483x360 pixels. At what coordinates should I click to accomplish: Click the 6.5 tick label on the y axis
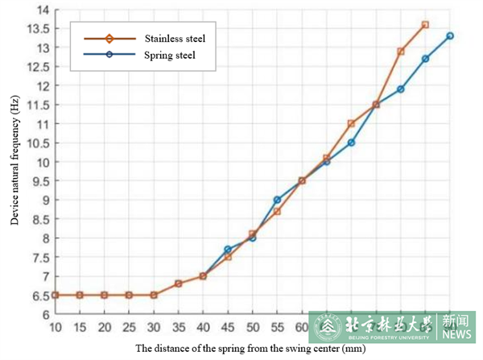tap(40, 296)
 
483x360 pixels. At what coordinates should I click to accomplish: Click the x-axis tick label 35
tap(179, 328)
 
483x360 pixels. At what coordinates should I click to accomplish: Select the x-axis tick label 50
tap(253, 328)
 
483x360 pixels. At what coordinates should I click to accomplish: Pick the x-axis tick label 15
tap(80, 328)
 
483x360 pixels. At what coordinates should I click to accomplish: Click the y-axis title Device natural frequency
tap(14, 161)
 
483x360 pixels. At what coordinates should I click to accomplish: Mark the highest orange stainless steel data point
tap(425, 25)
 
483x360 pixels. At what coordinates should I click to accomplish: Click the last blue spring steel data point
tap(450, 36)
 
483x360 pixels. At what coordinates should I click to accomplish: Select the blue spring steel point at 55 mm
tap(277, 200)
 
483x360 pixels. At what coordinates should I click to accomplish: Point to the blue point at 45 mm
tap(228, 250)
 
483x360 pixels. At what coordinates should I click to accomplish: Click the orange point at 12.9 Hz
tap(401, 52)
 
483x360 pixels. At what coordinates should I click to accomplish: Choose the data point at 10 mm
tap(56, 295)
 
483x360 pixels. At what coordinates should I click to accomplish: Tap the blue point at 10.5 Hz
tap(351, 143)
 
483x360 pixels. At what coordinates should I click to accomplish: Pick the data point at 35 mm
tap(179, 283)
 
